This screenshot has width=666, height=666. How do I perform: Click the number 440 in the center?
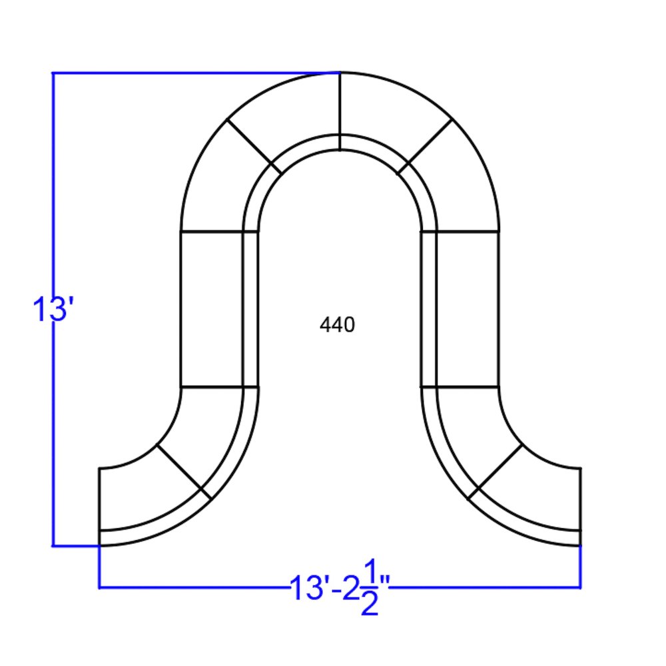(x=337, y=325)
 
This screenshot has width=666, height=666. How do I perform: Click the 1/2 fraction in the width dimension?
(x=370, y=588)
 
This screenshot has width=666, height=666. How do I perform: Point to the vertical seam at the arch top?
(x=340, y=112)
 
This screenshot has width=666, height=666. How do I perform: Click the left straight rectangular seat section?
(x=212, y=309)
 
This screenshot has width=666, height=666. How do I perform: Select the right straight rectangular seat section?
(x=468, y=309)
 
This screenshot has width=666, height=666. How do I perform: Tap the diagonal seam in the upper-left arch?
(x=254, y=146)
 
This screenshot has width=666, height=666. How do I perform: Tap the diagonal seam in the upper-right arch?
(x=425, y=146)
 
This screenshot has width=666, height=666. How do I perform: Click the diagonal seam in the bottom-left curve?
(x=184, y=472)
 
